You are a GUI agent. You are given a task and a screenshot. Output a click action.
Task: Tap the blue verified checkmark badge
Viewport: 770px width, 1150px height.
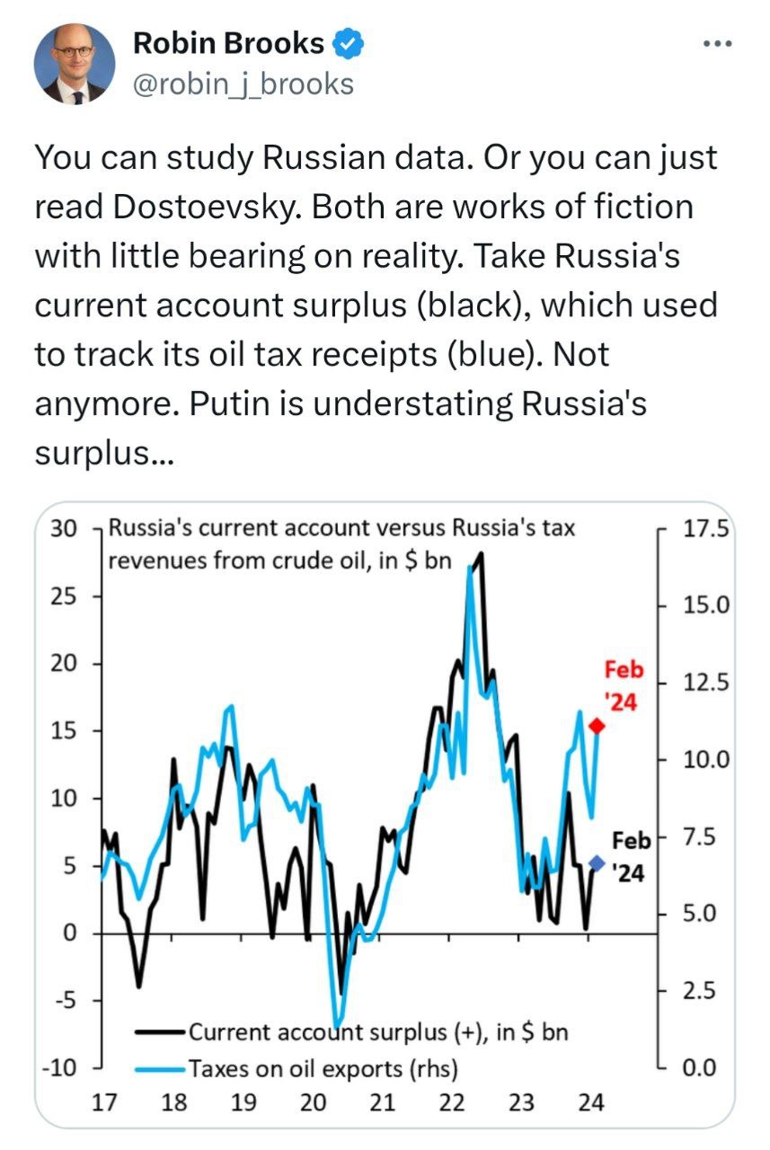coord(349,42)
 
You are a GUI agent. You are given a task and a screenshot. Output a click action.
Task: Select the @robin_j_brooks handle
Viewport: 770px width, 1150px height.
coord(243,84)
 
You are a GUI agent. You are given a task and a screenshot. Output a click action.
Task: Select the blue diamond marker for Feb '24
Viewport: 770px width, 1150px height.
coord(597,863)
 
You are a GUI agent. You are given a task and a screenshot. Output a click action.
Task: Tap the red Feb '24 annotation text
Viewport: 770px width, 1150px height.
coord(623,686)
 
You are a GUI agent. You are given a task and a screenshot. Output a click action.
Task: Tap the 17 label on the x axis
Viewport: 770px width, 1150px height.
coord(105,1102)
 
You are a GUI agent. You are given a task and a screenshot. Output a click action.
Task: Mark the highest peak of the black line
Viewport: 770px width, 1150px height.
coord(482,554)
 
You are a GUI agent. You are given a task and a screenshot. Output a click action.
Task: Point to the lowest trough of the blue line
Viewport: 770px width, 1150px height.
coord(336,1025)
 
